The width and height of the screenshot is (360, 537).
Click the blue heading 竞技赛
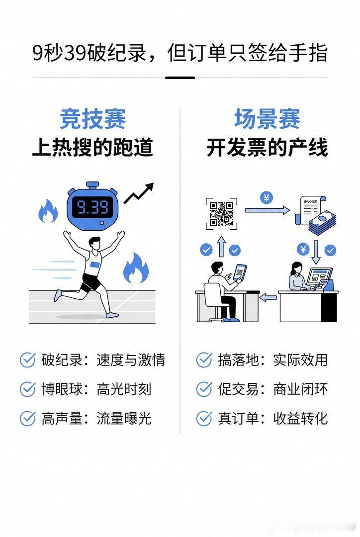tap(92, 119)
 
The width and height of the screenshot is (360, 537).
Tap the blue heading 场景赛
tap(267, 119)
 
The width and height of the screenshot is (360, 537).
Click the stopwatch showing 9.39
tap(92, 206)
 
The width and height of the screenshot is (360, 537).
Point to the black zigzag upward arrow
tap(139, 193)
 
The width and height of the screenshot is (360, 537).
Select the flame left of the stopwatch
tap(47, 211)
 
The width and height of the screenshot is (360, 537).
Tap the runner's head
tap(94, 243)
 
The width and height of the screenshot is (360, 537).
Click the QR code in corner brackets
tap(221, 213)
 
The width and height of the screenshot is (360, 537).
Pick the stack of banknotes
tap(322, 223)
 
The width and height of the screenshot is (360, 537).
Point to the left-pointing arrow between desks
tap(268, 297)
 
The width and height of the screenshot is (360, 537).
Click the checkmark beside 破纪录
tap(27, 359)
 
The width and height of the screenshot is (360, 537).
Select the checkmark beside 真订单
tap(204, 418)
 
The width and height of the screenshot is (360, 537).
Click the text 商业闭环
tap(300, 389)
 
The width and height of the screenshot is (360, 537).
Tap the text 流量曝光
tap(124, 418)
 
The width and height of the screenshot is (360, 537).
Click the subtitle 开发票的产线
tap(267, 148)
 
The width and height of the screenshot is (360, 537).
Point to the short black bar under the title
tap(180, 78)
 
